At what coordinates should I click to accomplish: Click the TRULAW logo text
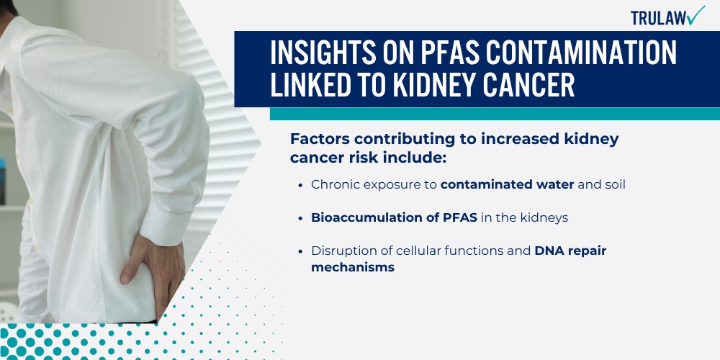(x=660, y=18)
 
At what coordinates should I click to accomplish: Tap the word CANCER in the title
(x=529, y=85)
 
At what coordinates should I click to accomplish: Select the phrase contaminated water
(x=508, y=184)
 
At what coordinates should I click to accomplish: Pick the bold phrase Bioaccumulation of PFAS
(x=394, y=217)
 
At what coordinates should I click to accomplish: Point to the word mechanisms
(x=353, y=267)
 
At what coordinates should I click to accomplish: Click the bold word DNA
(x=549, y=251)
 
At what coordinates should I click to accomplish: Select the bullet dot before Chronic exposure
(x=300, y=185)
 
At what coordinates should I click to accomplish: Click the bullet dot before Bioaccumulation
(x=300, y=218)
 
